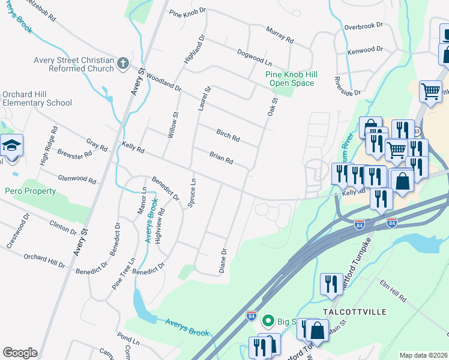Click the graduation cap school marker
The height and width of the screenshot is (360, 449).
[11, 146]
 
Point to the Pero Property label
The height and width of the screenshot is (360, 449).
[30, 191]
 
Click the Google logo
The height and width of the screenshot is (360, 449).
[20, 353]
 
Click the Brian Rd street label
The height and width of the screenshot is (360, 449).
[221, 159]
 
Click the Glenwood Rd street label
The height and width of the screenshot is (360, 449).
[77, 179]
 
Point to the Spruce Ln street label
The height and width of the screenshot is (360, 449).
[192, 192]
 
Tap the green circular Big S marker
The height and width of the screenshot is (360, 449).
[268, 322]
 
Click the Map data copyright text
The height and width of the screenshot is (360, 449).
[423, 355]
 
